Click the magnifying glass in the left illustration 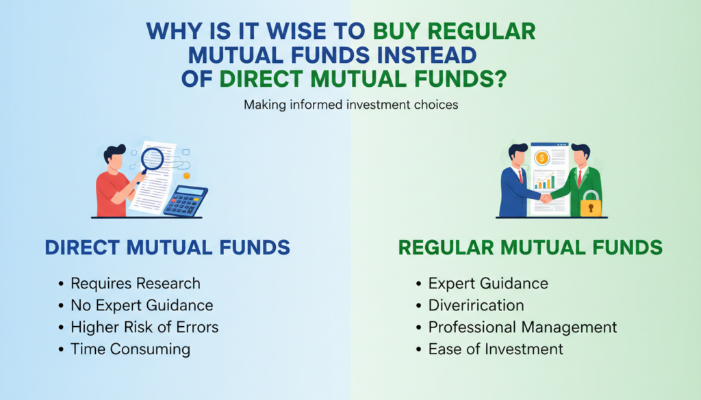[x=151, y=160]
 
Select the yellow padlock [x=591, y=204]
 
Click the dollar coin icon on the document [x=542, y=157]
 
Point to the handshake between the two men [x=546, y=198]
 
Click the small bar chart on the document [x=544, y=181]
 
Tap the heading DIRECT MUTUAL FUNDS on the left [x=167, y=248]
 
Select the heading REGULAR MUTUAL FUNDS [x=531, y=248]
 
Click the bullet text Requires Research [x=136, y=284]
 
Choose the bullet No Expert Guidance [x=142, y=306]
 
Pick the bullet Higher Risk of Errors [x=144, y=328]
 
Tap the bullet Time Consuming [x=130, y=349]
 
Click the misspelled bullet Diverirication [x=476, y=306]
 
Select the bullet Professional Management [x=522, y=328]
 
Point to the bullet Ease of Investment [x=496, y=349]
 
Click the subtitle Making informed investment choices [x=351, y=105]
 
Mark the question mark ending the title [x=500, y=79]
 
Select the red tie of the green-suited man [x=580, y=178]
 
